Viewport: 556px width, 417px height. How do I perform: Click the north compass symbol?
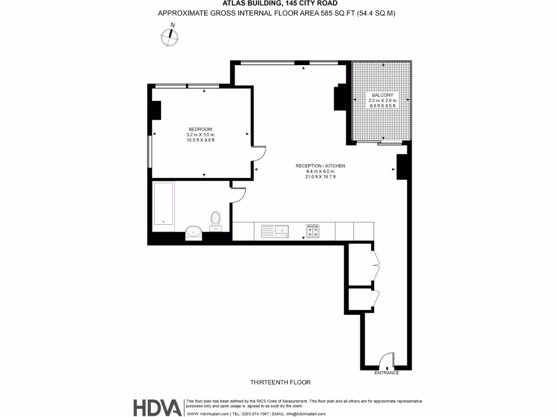(170, 36)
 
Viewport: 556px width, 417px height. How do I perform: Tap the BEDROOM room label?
(200, 129)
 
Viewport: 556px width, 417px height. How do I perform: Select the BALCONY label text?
(383, 95)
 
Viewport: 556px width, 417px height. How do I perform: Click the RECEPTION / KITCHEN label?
(320, 166)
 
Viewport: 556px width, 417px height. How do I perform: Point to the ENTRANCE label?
(387, 373)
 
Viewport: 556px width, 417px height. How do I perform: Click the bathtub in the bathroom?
(163, 204)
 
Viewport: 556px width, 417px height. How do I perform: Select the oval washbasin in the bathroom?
(193, 232)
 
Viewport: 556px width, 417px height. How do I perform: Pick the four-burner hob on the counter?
(313, 231)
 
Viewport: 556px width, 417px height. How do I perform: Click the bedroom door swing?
(259, 154)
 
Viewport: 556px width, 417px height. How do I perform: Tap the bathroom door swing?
(239, 194)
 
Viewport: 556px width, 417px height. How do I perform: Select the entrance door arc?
(387, 361)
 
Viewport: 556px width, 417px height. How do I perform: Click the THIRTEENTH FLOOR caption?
(280, 382)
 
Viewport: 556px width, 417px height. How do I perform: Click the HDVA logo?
(157, 407)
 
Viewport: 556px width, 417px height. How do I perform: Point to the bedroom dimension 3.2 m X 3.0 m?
(200, 135)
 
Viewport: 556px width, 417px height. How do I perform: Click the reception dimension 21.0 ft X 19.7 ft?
(320, 176)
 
